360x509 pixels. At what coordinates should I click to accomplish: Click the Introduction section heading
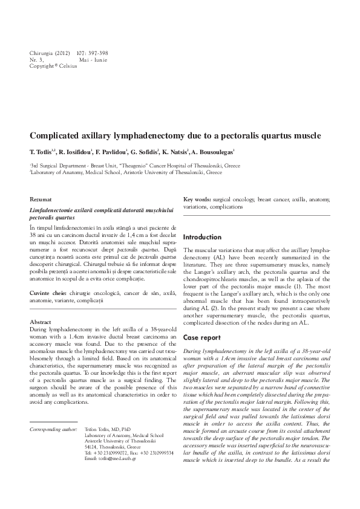point(203,237)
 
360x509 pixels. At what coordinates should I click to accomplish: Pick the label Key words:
point(197,199)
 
